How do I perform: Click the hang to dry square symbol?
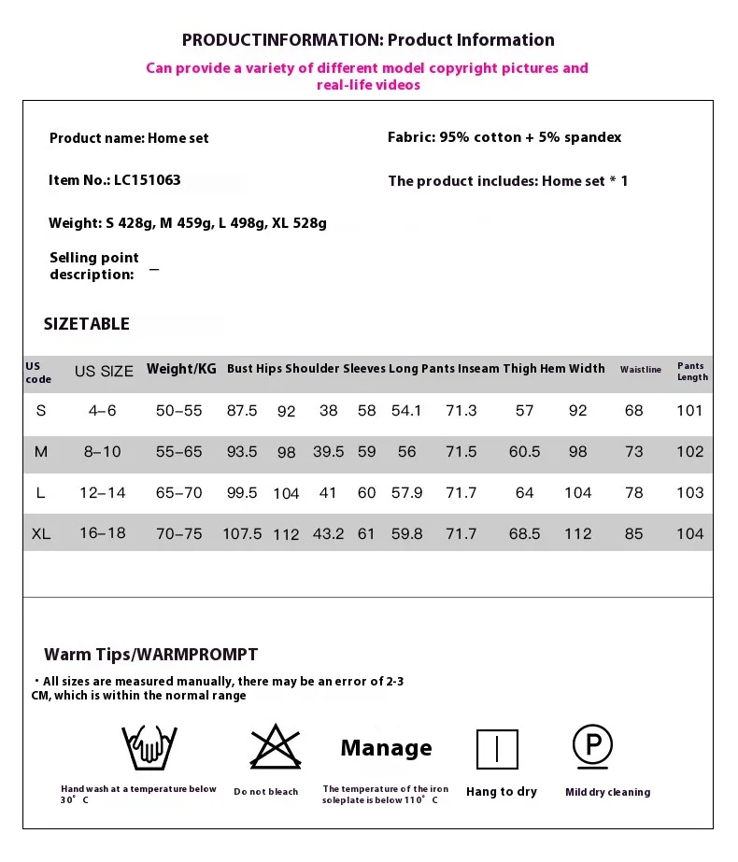coord(497,749)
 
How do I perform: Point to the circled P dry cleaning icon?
coord(593,745)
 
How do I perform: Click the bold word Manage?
coord(386,748)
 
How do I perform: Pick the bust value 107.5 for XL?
coord(242,534)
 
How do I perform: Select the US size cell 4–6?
coord(104,411)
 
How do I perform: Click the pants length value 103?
coord(689,493)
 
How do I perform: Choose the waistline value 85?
coord(634,534)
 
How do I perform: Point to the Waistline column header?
coord(641,370)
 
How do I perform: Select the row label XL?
coord(41,534)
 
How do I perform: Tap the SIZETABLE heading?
coord(87,324)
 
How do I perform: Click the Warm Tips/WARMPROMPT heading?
coord(150,654)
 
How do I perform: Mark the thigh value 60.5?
coord(524,452)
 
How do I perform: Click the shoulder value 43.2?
coord(328,534)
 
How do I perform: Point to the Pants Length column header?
coord(692,372)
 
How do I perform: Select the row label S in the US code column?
coord(41,411)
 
